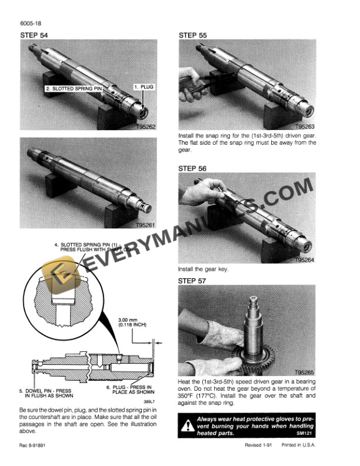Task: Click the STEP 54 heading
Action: (34, 35)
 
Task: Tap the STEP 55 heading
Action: (192, 35)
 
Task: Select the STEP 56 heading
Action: (192, 168)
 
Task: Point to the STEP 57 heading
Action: (192, 281)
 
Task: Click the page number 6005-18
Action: (31, 23)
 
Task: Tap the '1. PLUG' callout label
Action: (144, 86)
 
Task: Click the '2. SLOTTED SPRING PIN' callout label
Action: (74, 89)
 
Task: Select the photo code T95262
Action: (146, 127)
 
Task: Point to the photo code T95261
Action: (145, 225)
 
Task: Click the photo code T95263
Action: (305, 127)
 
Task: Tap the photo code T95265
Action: (304, 372)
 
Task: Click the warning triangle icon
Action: (188, 425)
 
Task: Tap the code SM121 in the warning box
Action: (304, 433)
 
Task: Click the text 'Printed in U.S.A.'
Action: (298, 445)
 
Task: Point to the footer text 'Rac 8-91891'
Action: (32, 445)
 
